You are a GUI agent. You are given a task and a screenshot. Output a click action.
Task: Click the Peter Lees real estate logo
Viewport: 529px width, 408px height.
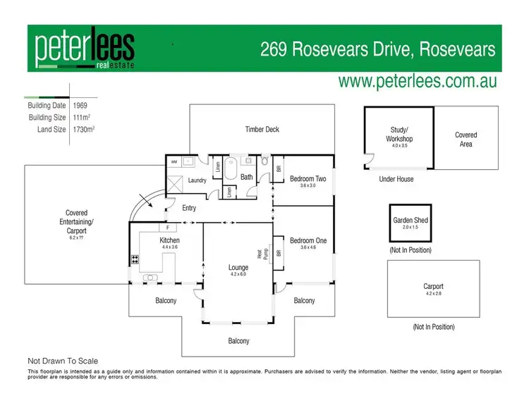[x=85, y=49]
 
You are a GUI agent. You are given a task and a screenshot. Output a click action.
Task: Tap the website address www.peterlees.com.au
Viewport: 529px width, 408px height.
[x=418, y=81]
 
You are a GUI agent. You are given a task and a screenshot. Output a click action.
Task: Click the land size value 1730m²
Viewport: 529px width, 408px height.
[x=84, y=129]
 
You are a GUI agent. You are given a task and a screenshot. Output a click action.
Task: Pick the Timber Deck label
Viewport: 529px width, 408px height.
[x=262, y=130]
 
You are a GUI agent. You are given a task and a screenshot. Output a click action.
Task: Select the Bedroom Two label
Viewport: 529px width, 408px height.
[x=308, y=179]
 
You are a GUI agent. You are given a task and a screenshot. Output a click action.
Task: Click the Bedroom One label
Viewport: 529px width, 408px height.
[x=308, y=241]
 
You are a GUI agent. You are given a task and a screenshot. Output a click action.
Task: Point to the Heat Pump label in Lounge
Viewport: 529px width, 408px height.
[x=260, y=253]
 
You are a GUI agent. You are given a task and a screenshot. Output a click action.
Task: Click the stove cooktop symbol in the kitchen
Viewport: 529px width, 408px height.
[x=133, y=259]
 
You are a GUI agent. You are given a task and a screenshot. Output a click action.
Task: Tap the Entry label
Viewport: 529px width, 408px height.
[x=189, y=208]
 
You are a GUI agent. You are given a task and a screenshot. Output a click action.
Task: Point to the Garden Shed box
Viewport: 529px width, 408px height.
[x=410, y=223]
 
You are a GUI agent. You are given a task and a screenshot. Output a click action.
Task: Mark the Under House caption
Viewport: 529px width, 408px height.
[x=396, y=179]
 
